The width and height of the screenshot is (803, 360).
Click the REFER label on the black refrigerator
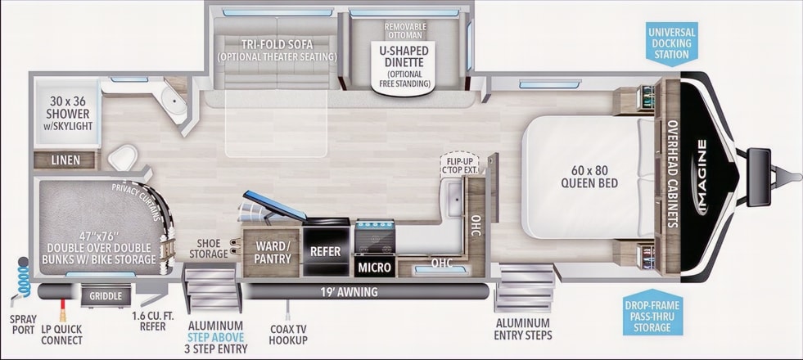[325, 251]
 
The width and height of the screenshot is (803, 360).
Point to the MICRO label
[374, 267]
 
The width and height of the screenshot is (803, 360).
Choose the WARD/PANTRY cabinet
[272, 253]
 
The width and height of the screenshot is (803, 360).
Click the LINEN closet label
[65, 160]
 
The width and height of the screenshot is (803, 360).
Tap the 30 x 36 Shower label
[68, 113]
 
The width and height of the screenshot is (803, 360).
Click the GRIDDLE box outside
[106, 296]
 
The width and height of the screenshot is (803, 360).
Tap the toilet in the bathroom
[123, 157]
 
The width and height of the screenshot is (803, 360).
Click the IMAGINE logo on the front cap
[702, 177]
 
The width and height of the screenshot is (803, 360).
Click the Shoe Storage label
[208, 249]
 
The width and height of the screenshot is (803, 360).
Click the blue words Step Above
[215, 337]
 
